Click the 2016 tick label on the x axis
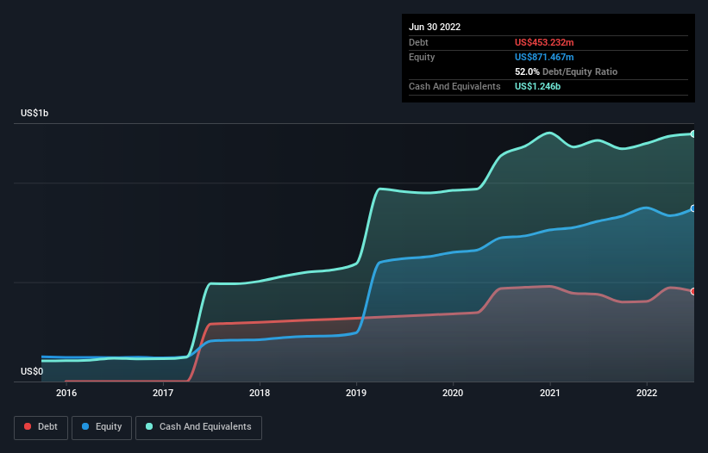click(66, 394)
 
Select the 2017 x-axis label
click(163, 394)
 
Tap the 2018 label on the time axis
click(260, 394)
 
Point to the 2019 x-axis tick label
click(356, 394)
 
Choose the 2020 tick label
click(453, 394)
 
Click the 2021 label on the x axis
click(550, 394)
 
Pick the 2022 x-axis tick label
click(647, 394)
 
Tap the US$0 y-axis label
click(31, 371)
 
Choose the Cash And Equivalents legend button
click(198, 427)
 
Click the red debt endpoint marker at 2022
click(692, 291)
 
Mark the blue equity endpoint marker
click(692, 208)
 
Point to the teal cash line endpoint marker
click(692, 133)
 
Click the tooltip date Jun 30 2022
click(435, 27)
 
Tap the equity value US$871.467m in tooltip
click(543, 57)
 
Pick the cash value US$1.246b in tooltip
click(538, 86)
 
